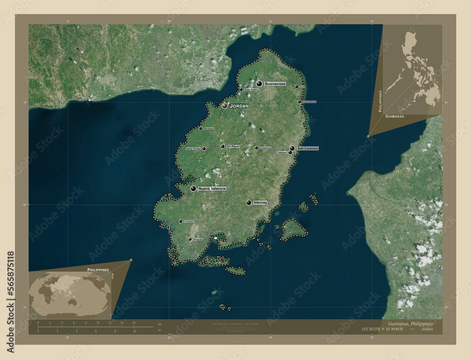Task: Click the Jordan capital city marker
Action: tap(225, 106)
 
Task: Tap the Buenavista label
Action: tap(276, 83)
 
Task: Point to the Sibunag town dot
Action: tap(249, 202)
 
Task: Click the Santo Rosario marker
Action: tap(241, 89)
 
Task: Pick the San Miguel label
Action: tap(233, 146)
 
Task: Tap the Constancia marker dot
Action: tap(256, 148)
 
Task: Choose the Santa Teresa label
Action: tap(193, 149)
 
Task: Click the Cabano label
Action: tap(282, 152)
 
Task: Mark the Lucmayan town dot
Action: tap(180, 221)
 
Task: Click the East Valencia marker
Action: tap(299, 102)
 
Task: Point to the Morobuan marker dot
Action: tap(200, 128)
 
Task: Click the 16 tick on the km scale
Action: tap(134, 323)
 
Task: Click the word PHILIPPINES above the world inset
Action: tap(98, 269)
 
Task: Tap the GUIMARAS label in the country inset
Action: tap(394, 115)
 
